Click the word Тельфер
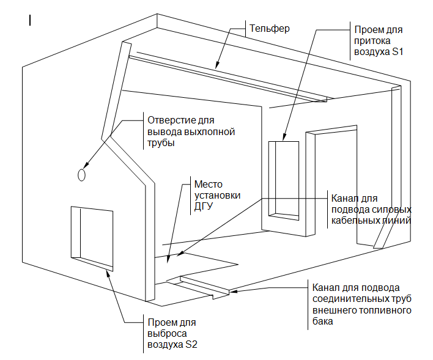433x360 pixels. [270, 29]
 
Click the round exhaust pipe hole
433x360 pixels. [81, 175]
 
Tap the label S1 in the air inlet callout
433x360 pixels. [398, 51]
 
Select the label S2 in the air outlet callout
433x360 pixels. [191, 345]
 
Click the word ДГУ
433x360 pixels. [204, 207]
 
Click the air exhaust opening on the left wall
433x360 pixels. [92, 238]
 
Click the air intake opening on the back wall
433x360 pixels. [284, 181]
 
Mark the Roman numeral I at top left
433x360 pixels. [30, 20]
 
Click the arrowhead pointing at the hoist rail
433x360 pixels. [217, 65]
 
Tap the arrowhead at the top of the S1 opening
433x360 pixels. [284, 137]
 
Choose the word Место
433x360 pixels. [208, 184]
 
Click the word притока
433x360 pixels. [372, 41]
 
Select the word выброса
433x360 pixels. [167, 334]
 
